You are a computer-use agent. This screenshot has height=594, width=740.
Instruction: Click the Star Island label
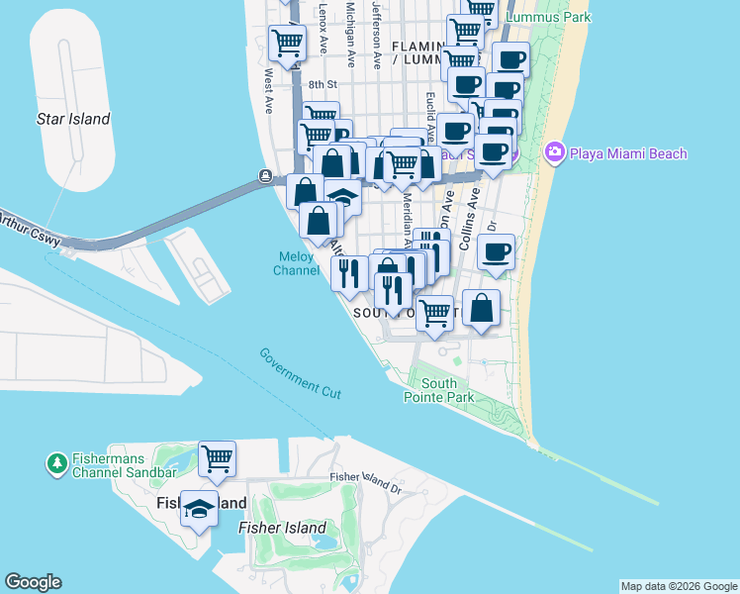click(x=73, y=120)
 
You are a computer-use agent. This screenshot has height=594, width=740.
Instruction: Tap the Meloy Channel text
click(x=297, y=263)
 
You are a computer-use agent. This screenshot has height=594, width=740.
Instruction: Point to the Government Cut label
click(x=300, y=373)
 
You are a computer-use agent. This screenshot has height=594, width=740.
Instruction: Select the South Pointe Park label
click(x=439, y=390)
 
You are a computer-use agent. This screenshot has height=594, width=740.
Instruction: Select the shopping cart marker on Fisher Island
click(x=217, y=458)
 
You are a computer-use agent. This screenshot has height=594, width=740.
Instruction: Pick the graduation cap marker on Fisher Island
click(x=199, y=509)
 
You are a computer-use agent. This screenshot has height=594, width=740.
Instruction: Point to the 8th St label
click(x=323, y=85)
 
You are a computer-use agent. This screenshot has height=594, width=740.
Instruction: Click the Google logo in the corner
click(x=33, y=582)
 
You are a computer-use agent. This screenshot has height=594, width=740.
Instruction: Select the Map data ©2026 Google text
click(x=678, y=586)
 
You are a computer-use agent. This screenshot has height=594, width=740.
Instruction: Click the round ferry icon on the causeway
click(x=266, y=176)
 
